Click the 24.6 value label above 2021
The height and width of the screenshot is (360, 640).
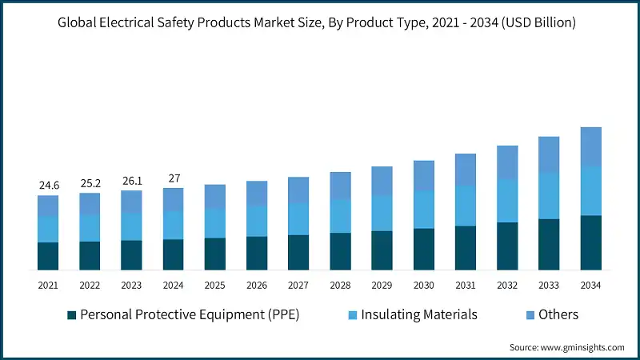pyautogui.click(x=49, y=186)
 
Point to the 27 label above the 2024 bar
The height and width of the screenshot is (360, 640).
pyautogui.click(x=174, y=178)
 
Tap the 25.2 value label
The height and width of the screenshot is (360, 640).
pyautogui.click(x=90, y=183)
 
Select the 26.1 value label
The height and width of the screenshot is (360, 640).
pyautogui.click(x=132, y=181)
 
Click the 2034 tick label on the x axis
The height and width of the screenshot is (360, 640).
pyautogui.click(x=590, y=285)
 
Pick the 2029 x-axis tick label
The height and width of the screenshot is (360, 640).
pyautogui.click(x=382, y=285)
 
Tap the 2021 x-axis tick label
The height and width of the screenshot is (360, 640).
pyautogui.click(x=49, y=285)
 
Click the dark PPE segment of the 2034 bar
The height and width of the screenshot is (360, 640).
pyautogui.click(x=590, y=242)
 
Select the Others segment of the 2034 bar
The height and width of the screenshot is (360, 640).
pyautogui.click(x=590, y=146)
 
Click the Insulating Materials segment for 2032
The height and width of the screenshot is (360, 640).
pyautogui.click(x=507, y=201)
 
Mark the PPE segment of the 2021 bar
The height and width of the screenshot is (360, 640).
pyautogui.click(x=49, y=256)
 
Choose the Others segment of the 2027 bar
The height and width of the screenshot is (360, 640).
pyautogui.click(x=298, y=190)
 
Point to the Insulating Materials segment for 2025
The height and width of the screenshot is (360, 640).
pyautogui.click(x=215, y=223)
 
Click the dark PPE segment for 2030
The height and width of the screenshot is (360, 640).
pyautogui.click(x=424, y=249)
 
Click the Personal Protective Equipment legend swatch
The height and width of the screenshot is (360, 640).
pyautogui.click(x=70, y=315)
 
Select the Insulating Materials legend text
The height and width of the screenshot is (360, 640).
pyautogui.click(x=419, y=315)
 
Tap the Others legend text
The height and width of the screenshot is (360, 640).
pyautogui.click(x=558, y=315)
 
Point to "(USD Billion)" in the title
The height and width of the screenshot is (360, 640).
pyautogui.click(x=535, y=22)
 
